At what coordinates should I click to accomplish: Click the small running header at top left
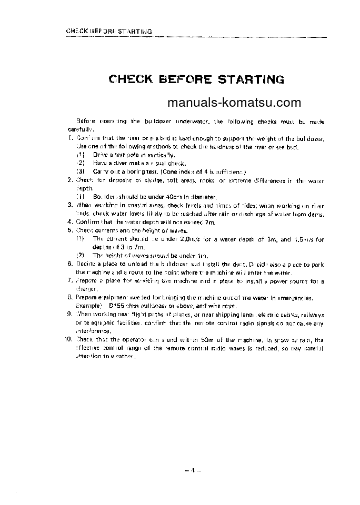click(x=108, y=31)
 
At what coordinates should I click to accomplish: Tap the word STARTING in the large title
click(x=251, y=79)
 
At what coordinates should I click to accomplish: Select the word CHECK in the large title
click(x=131, y=79)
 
